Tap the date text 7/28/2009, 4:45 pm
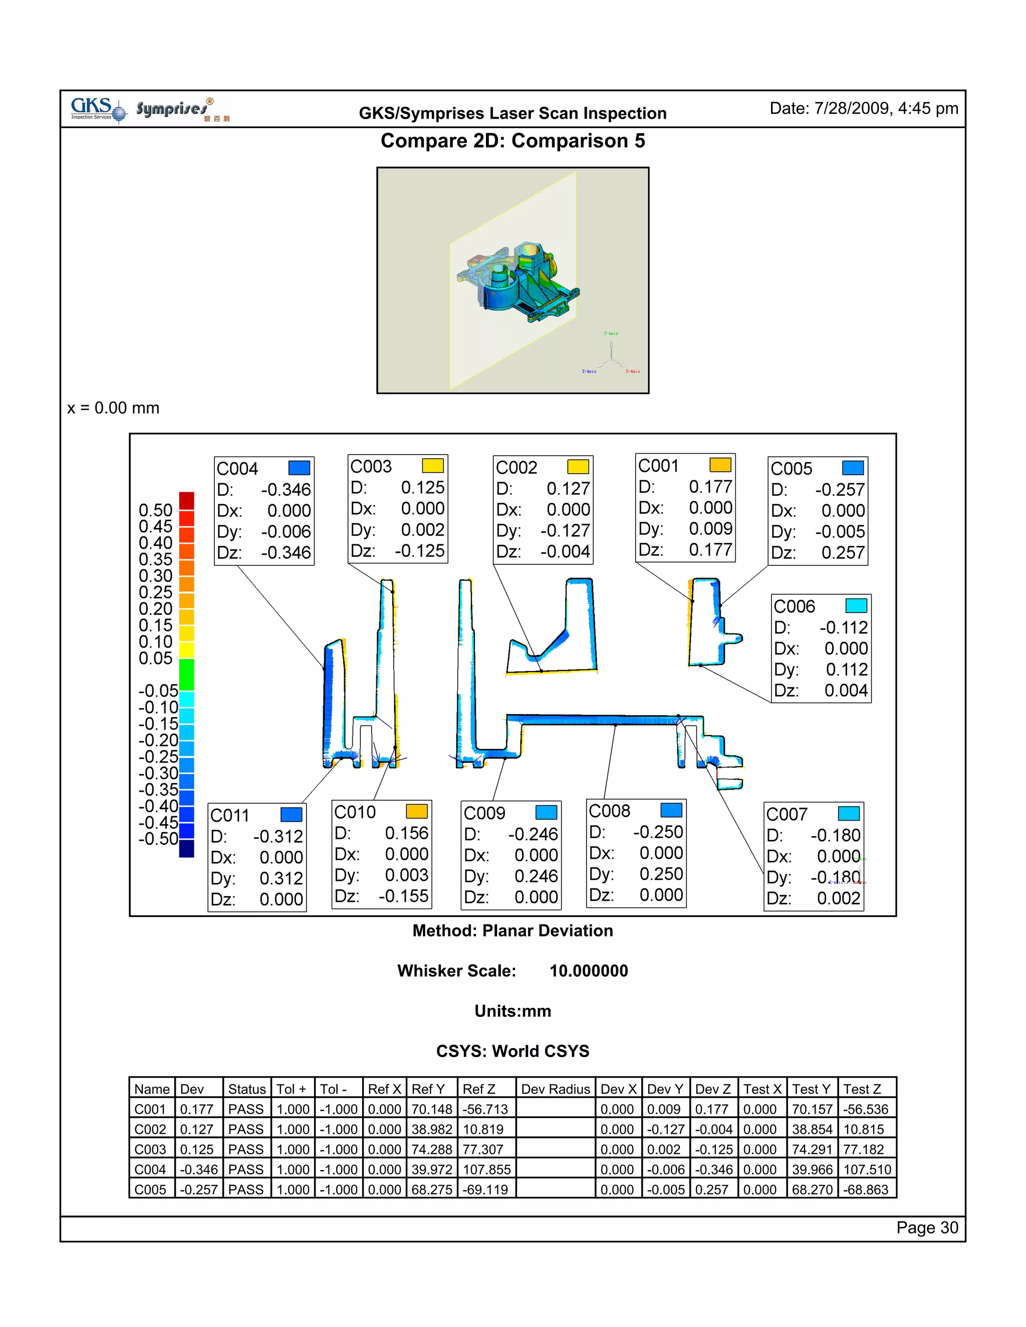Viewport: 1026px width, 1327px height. [x=886, y=108]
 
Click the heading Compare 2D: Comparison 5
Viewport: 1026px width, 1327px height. [x=512, y=141]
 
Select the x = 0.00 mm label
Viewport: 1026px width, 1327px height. [x=113, y=408]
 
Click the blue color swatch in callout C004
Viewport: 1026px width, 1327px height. [x=299, y=467]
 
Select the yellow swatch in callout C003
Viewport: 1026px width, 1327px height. [x=433, y=465]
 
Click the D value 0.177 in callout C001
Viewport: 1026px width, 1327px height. [x=710, y=487]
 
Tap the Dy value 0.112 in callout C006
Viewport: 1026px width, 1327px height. [x=846, y=670]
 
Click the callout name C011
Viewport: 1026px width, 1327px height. [x=230, y=815]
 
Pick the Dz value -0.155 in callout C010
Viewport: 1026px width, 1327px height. [x=404, y=896]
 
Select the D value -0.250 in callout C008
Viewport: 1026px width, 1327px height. [x=658, y=832]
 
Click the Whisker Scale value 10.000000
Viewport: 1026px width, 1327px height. [x=588, y=971]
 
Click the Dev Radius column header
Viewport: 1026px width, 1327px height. [x=555, y=1089]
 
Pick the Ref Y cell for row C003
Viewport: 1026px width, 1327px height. [x=431, y=1149]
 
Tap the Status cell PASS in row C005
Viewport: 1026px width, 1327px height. [x=245, y=1189]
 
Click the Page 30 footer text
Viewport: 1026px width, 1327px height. [x=926, y=1228]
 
